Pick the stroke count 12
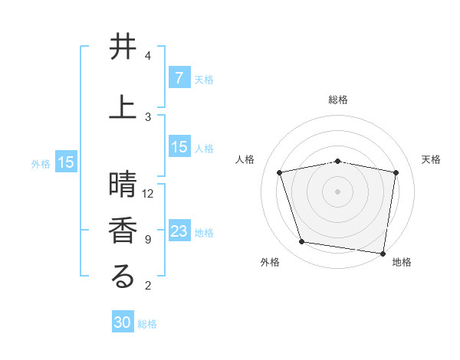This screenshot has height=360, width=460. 149,193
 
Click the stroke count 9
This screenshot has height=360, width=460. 147,240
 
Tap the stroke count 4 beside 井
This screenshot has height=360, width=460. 147,56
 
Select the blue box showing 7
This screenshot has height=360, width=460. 179,78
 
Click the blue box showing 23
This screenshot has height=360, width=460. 179,231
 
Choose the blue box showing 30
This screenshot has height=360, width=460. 123,322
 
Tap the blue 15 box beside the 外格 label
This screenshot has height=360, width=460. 66,162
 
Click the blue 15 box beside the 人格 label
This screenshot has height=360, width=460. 179,147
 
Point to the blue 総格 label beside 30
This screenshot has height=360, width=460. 147,324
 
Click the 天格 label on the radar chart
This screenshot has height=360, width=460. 431,159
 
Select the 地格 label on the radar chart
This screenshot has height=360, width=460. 402,262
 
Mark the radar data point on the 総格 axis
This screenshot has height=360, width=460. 337,161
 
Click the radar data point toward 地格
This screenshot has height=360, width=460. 383,253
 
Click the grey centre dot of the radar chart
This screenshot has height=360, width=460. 337,191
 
